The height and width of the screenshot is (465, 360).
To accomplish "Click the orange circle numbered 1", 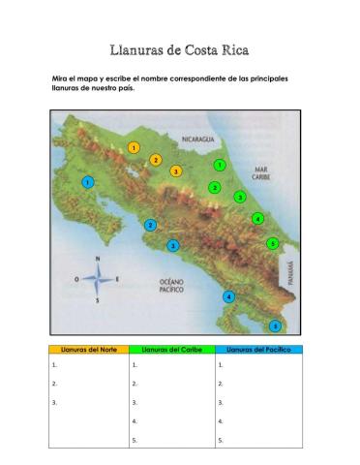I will pos(134,148).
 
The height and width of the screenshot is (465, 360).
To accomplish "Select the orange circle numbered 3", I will pos(176,171).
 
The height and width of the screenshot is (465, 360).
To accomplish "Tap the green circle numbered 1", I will pos(220,165).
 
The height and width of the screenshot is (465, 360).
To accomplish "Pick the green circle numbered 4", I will pos(257,218).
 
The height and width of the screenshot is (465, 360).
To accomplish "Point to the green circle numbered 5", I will pos(273,243).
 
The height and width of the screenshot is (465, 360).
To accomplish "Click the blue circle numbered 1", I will pos(88,182).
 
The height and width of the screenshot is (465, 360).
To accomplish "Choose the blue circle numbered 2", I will pos(150,225).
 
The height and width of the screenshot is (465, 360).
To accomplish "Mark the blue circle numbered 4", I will pos(228,296).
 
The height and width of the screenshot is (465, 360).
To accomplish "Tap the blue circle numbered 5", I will pos(276,326).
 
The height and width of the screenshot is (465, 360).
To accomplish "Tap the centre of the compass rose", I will pos(97,280).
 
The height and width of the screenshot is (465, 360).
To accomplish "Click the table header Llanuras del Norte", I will pos(88,350).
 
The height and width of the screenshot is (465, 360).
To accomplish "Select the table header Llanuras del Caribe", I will pos(171,350).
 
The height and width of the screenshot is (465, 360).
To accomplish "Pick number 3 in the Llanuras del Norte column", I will pos(55,402).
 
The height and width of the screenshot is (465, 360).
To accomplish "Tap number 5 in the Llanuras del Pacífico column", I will pos(221,440).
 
